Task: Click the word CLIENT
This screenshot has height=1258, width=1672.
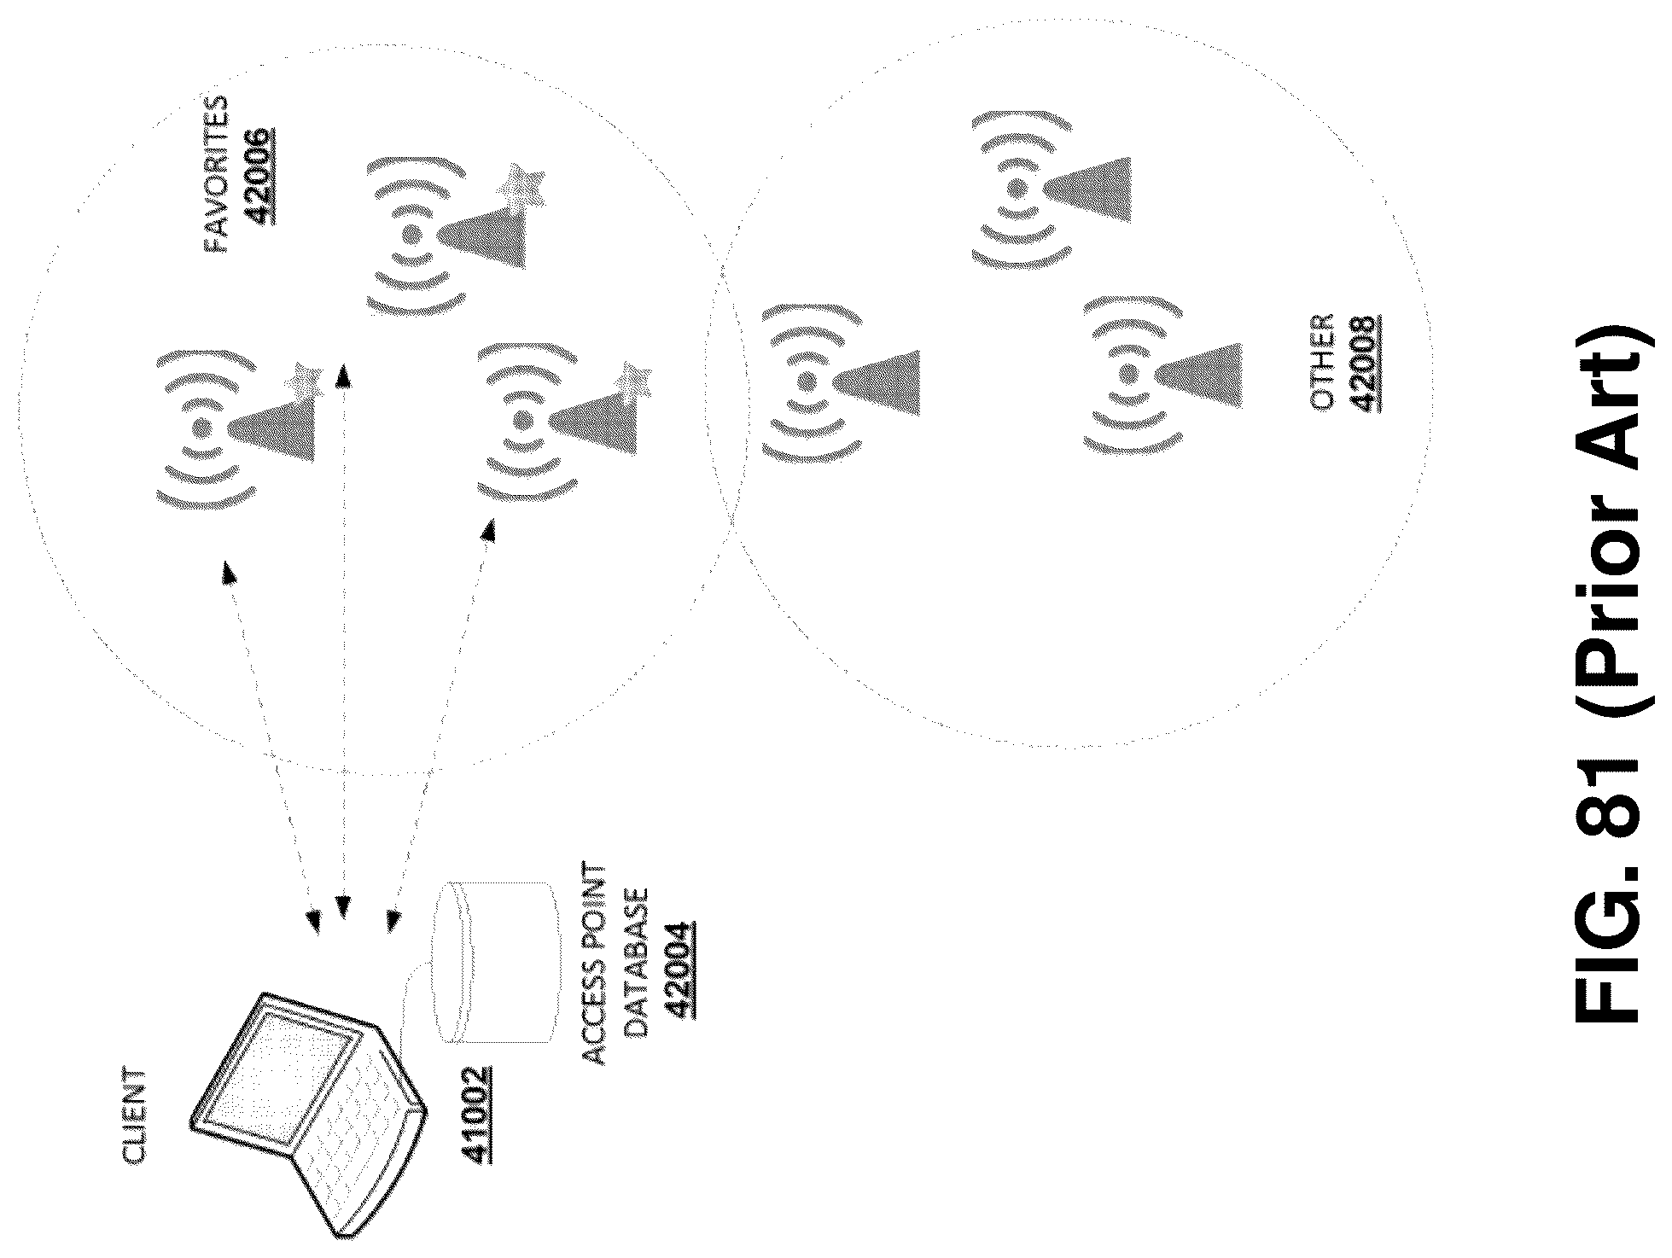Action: (134, 1117)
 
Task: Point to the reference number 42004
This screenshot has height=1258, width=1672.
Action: (679, 970)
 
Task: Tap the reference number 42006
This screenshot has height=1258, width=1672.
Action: (259, 175)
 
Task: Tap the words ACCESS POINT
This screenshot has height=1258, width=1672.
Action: (594, 964)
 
